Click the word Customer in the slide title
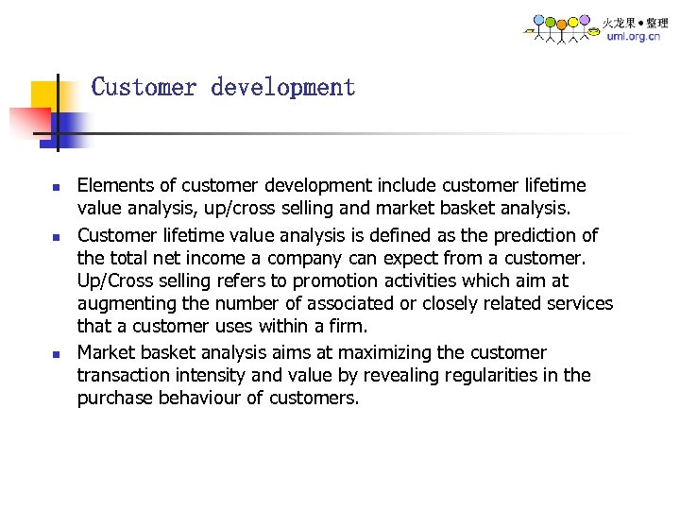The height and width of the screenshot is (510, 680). click(144, 88)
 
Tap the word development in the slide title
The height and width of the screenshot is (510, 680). click(283, 88)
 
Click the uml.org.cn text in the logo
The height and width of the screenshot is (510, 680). click(633, 37)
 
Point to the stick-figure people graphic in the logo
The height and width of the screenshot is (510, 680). click(562, 28)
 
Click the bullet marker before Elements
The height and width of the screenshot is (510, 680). click(56, 187)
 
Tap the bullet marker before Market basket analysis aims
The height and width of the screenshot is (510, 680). click(56, 354)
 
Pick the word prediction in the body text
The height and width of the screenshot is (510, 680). click(529, 234)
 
